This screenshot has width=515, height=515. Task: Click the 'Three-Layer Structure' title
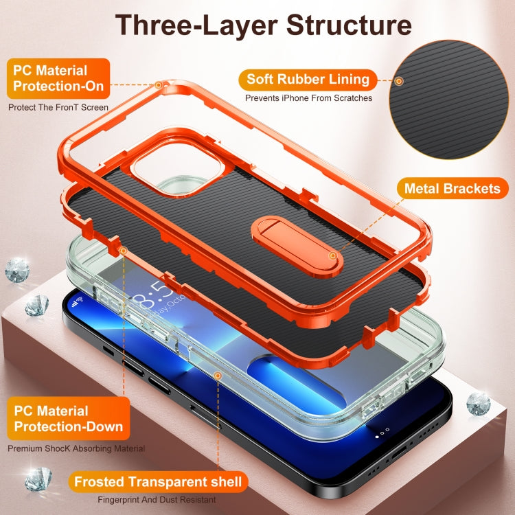pyautogui.click(x=263, y=25)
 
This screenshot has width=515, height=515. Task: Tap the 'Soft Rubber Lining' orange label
pyautogui.click(x=308, y=79)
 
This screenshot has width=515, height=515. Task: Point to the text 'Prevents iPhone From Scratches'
pyautogui.click(x=308, y=98)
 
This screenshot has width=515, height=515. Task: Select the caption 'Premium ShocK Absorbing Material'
pyautogui.click(x=76, y=448)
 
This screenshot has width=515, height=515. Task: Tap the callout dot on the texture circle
pyautogui.click(x=399, y=82)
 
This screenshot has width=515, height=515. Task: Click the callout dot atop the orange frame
pyautogui.click(x=159, y=86)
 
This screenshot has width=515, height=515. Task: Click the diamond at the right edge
pyautogui.click(x=478, y=404)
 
